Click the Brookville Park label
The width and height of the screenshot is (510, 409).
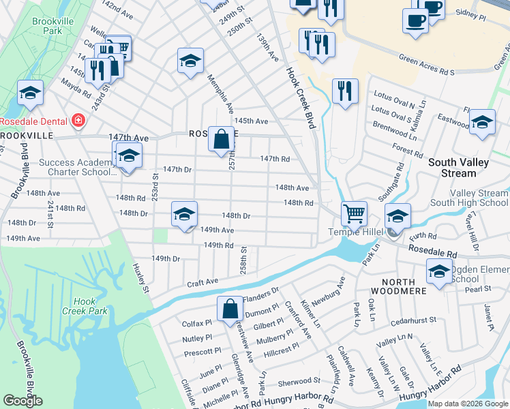point(52,27)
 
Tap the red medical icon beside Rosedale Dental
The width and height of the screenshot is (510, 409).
point(79,121)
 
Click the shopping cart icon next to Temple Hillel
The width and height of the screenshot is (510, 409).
point(354,214)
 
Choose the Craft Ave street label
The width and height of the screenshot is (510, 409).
point(203,282)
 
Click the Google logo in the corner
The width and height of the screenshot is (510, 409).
point(22,401)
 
